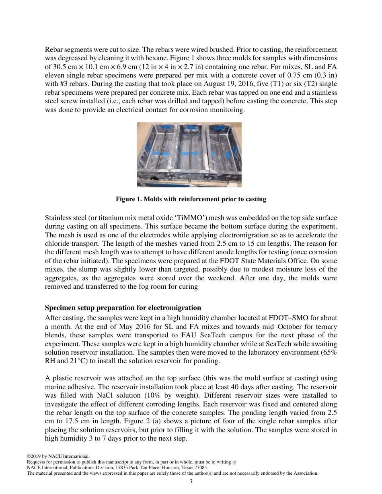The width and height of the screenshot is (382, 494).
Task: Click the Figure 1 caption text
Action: tap(191, 199)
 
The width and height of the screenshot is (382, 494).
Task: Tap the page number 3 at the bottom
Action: tap(191, 481)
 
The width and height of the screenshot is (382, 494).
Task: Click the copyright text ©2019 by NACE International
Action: tap(58, 457)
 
